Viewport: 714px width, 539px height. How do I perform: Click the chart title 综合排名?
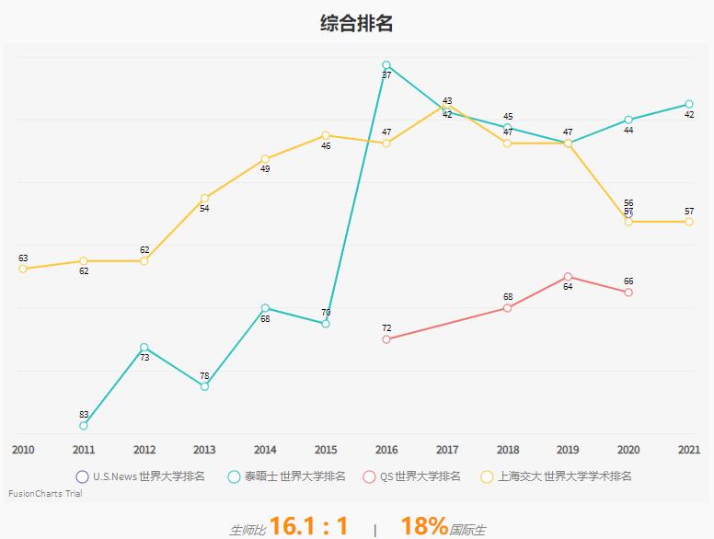point(356,24)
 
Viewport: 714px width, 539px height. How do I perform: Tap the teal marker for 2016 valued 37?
point(386,65)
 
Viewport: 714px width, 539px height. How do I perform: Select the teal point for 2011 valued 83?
point(84,426)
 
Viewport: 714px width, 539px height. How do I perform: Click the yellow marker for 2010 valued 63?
point(23,269)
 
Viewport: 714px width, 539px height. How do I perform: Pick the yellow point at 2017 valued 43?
point(447,105)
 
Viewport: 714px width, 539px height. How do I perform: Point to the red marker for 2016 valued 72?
point(386,339)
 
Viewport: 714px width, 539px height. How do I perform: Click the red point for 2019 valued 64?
point(568,277)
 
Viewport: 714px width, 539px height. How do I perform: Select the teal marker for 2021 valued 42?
point(689,104)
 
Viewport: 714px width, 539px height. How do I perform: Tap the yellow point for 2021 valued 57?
point(689,222)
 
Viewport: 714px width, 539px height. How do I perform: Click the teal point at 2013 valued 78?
point(204,386)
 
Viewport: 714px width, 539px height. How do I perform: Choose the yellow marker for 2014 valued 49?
point(265,159)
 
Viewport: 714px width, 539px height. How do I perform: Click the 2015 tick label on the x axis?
point(326,450)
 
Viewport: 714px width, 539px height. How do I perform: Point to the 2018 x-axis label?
point(508,450)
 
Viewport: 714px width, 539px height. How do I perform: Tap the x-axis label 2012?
point(144,450)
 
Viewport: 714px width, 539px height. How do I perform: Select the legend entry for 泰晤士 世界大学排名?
point(287,476)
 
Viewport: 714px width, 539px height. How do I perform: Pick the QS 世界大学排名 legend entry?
point(412,476)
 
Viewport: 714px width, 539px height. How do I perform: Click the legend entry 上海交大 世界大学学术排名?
point(558,476)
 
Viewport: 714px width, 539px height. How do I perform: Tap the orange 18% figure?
point(424,526)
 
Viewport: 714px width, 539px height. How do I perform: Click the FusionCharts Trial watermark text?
point(45,494)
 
